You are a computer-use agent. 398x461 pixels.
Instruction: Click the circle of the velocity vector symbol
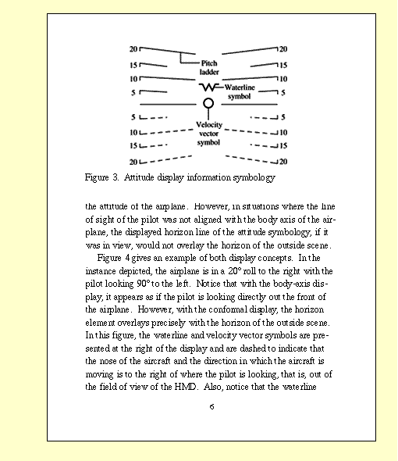[208, 103]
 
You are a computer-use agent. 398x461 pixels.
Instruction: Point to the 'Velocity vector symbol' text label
[208, 134]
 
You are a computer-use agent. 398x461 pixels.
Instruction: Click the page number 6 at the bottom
[211, 406]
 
